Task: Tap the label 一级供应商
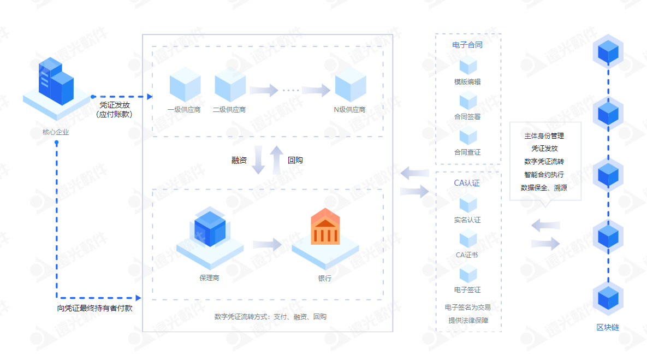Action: (x=184, y=109)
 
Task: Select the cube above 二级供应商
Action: (x=230, y=85)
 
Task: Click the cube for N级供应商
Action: (x=351, y=85)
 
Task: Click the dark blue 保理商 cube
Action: (x=210, y=228)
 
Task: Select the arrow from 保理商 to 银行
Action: (x=268, y=244)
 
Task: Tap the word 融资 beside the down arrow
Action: (x=239, y=160)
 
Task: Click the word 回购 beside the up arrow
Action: (x=295, y=160)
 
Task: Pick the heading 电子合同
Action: (x=467, y=45)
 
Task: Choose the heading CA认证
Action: (x=467, y=183)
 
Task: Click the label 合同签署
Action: (x=467, y=117)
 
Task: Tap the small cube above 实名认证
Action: (x=468, y=204)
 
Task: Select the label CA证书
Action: (x=467, y=255)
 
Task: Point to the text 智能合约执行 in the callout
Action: (x=544, y=175)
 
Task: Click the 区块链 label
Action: (x=608, y=327)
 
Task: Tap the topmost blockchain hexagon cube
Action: (x=608, y=52)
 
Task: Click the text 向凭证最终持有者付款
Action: (x=95, y=308)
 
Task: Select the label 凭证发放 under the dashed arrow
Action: (x=114, y=105)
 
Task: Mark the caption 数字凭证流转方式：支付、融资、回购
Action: (x=270, y=317)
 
